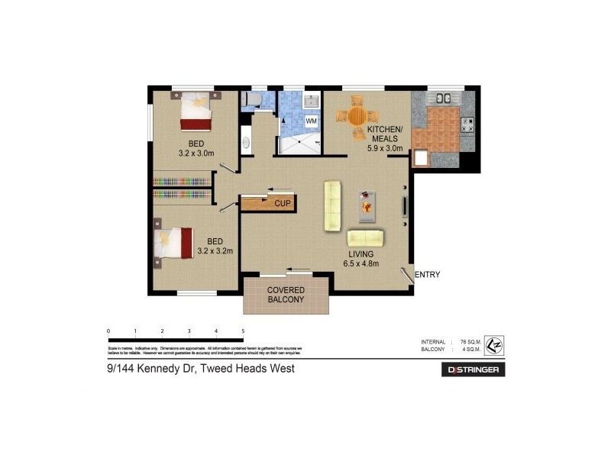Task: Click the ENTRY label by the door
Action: (428, 275)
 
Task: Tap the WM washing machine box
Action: (312, 121)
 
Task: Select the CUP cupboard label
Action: (281, 204)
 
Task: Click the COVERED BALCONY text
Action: (286, 295)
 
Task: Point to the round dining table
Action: (357, 118)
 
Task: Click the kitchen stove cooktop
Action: (467, 125)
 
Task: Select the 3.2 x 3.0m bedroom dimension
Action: (196, 153)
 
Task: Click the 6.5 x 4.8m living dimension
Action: (361, 265)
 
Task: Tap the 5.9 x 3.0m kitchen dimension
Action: (385, 148)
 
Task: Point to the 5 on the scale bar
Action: (243, 331)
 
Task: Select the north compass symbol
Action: (494, 344)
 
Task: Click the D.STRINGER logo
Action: (474, 370)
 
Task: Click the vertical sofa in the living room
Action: (331, 205)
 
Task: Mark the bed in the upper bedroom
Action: (195, 111)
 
